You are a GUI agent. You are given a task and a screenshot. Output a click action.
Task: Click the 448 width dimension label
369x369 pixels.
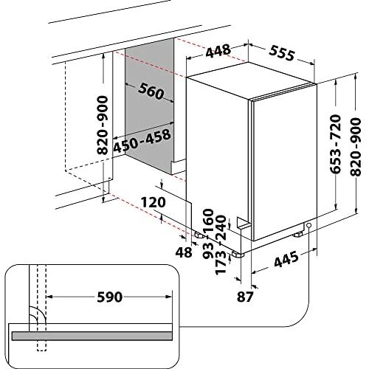point(218,51)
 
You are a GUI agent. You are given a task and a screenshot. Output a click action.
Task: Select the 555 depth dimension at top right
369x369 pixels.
point(282,53)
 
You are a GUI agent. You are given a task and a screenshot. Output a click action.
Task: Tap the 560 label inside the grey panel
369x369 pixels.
point(151,92)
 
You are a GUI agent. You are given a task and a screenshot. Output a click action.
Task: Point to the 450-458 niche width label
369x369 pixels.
point(142,140)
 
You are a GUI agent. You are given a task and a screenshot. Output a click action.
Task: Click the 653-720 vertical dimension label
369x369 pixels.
point(335,144)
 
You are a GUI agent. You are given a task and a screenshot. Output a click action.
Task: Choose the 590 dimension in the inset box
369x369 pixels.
point(110,297)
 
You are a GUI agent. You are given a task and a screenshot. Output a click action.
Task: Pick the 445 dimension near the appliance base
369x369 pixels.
point(286,260)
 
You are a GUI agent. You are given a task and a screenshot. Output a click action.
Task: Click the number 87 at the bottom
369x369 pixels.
point(245,297)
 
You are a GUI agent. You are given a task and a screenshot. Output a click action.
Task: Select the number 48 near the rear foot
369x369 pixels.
point(184,252)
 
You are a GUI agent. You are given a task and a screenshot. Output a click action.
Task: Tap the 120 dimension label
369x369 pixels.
point(154,202)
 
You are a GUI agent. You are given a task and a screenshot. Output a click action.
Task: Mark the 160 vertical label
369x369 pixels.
point(208,221)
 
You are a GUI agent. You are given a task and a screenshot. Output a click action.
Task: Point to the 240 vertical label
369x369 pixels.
point(221,228)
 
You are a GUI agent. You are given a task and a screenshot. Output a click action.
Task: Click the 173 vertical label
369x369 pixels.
point(221,263)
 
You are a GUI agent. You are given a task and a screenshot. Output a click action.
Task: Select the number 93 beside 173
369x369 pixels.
point(208,250)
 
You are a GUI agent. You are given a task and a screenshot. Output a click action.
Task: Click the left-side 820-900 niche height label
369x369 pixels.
point(103,125)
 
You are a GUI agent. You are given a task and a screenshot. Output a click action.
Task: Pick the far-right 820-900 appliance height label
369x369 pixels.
point(356,147)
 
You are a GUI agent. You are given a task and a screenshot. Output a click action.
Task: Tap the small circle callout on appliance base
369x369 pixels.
point(308,225)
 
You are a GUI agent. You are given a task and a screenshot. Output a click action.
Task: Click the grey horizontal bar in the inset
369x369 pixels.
point(92,336)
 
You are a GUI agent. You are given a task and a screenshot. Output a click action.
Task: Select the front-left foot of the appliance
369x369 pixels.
point(238,255)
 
